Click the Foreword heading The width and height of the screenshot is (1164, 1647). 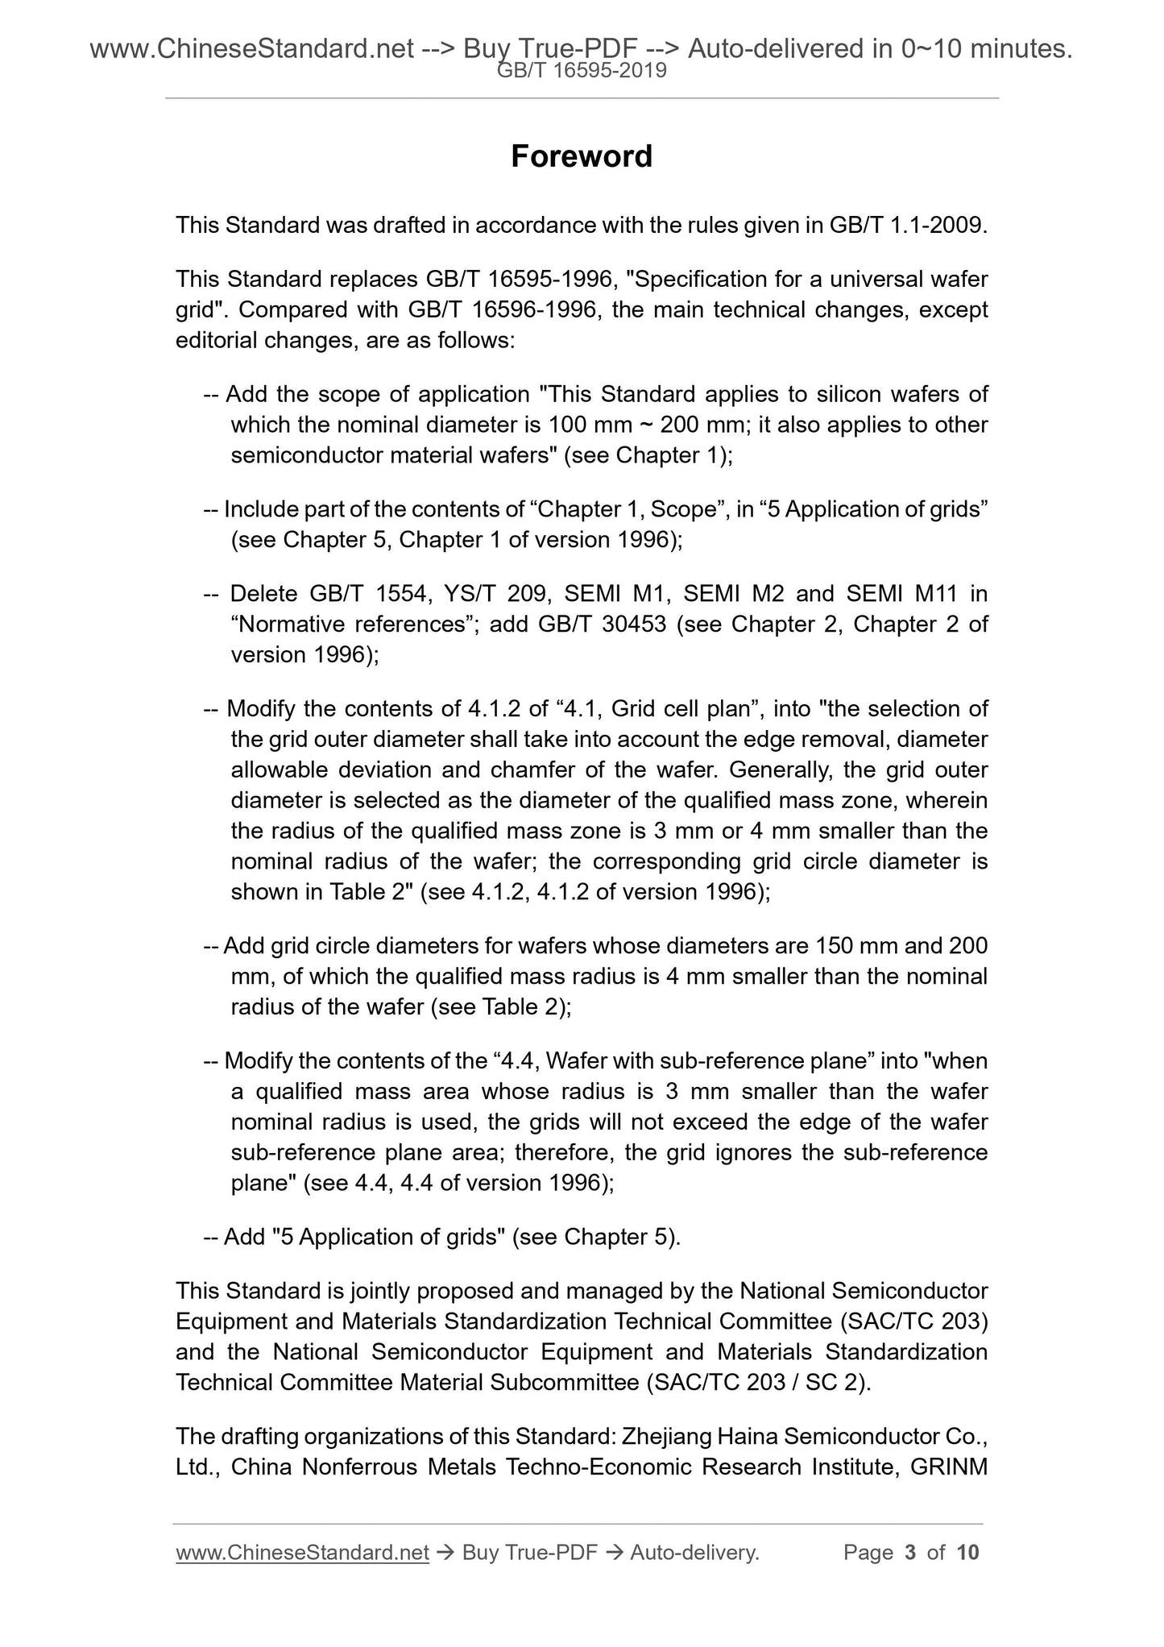(581, 156)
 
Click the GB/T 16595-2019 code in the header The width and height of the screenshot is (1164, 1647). (581, 71)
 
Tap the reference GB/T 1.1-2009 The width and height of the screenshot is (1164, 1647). (907, 225)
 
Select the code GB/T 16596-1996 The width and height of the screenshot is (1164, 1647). (502, 309)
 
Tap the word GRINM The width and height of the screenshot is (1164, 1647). (948, 1467)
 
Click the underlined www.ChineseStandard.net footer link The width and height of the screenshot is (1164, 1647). (302, 1553)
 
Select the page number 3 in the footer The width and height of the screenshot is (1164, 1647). (910, 1553)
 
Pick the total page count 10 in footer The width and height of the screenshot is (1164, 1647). (967, 1553)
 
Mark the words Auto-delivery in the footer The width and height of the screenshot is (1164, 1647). (694, 1553)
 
